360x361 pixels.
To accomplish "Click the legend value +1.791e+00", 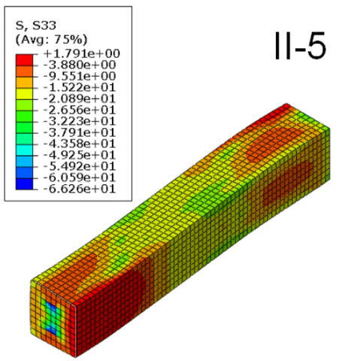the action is [x=82, y=53].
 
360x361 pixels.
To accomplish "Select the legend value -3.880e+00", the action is [x=80, y=65].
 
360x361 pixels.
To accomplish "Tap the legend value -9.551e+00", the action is [x=80, y=76].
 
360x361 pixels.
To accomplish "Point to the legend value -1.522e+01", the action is [x=80, y=87].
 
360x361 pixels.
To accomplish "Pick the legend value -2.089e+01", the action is [x=80, y=99].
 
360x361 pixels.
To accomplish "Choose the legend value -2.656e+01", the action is [x=80, y=110].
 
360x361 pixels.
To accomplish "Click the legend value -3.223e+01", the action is [x=80, y=121].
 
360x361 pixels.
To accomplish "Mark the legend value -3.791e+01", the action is [x=80, y=132].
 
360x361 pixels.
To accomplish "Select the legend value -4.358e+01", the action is [x=80, y=144].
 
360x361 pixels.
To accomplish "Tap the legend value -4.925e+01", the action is [x=80, y=155].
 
